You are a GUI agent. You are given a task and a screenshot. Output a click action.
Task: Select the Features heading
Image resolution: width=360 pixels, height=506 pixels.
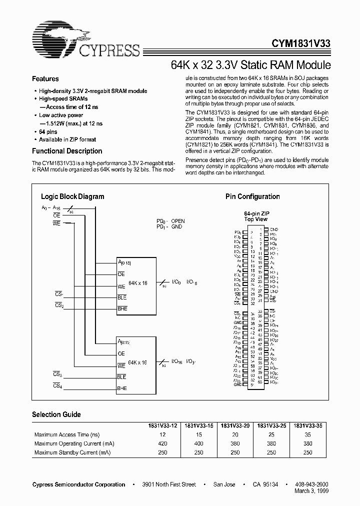coord(45,79)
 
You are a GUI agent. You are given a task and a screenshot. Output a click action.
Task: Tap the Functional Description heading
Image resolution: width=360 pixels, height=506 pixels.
coord(67,151)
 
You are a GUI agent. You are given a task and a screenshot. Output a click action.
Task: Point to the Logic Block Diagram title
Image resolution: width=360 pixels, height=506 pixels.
coord(72,196)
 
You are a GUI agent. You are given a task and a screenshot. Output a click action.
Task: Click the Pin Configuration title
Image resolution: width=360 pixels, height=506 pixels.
coord(252,196)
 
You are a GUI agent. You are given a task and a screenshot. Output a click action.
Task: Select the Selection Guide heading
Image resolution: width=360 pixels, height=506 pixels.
coord(56,414)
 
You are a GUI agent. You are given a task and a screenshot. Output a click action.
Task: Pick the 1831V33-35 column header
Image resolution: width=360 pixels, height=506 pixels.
coord(307,425)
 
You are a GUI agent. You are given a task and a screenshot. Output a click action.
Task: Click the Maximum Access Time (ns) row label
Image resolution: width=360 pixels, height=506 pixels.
coord(66,435)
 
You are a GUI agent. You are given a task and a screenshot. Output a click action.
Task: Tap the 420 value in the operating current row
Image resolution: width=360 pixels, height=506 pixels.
coord(162,443)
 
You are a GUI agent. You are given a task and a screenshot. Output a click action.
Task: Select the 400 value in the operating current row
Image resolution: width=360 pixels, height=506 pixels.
coord(198,443)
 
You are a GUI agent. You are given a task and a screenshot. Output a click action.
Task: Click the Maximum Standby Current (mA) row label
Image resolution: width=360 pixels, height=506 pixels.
coord(72,452)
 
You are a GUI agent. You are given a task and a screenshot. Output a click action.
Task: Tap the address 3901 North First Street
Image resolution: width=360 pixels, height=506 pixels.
coord(169,484)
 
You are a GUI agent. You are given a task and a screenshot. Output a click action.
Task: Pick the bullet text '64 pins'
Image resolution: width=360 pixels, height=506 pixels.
coord(48,131)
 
